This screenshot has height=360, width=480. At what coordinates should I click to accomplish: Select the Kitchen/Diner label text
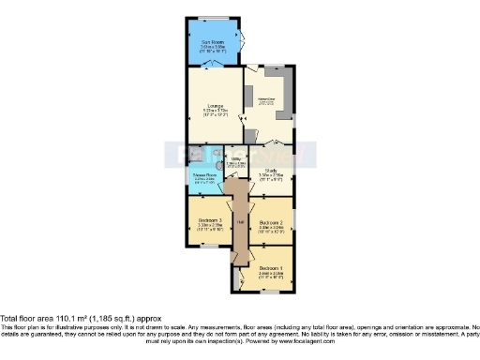pyautogui.click(x=266, y=99)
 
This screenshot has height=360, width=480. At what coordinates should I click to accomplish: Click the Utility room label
pyautogui.click(x=237, y=159)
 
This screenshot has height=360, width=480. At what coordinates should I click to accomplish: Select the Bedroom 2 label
pyautogui.click(x=271, y=221)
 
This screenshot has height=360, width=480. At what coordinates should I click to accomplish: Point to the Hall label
pyautogui.click(x=239, y=221)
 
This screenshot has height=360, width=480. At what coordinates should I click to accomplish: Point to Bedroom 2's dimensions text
pyautogui.click(x=271, y=228)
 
